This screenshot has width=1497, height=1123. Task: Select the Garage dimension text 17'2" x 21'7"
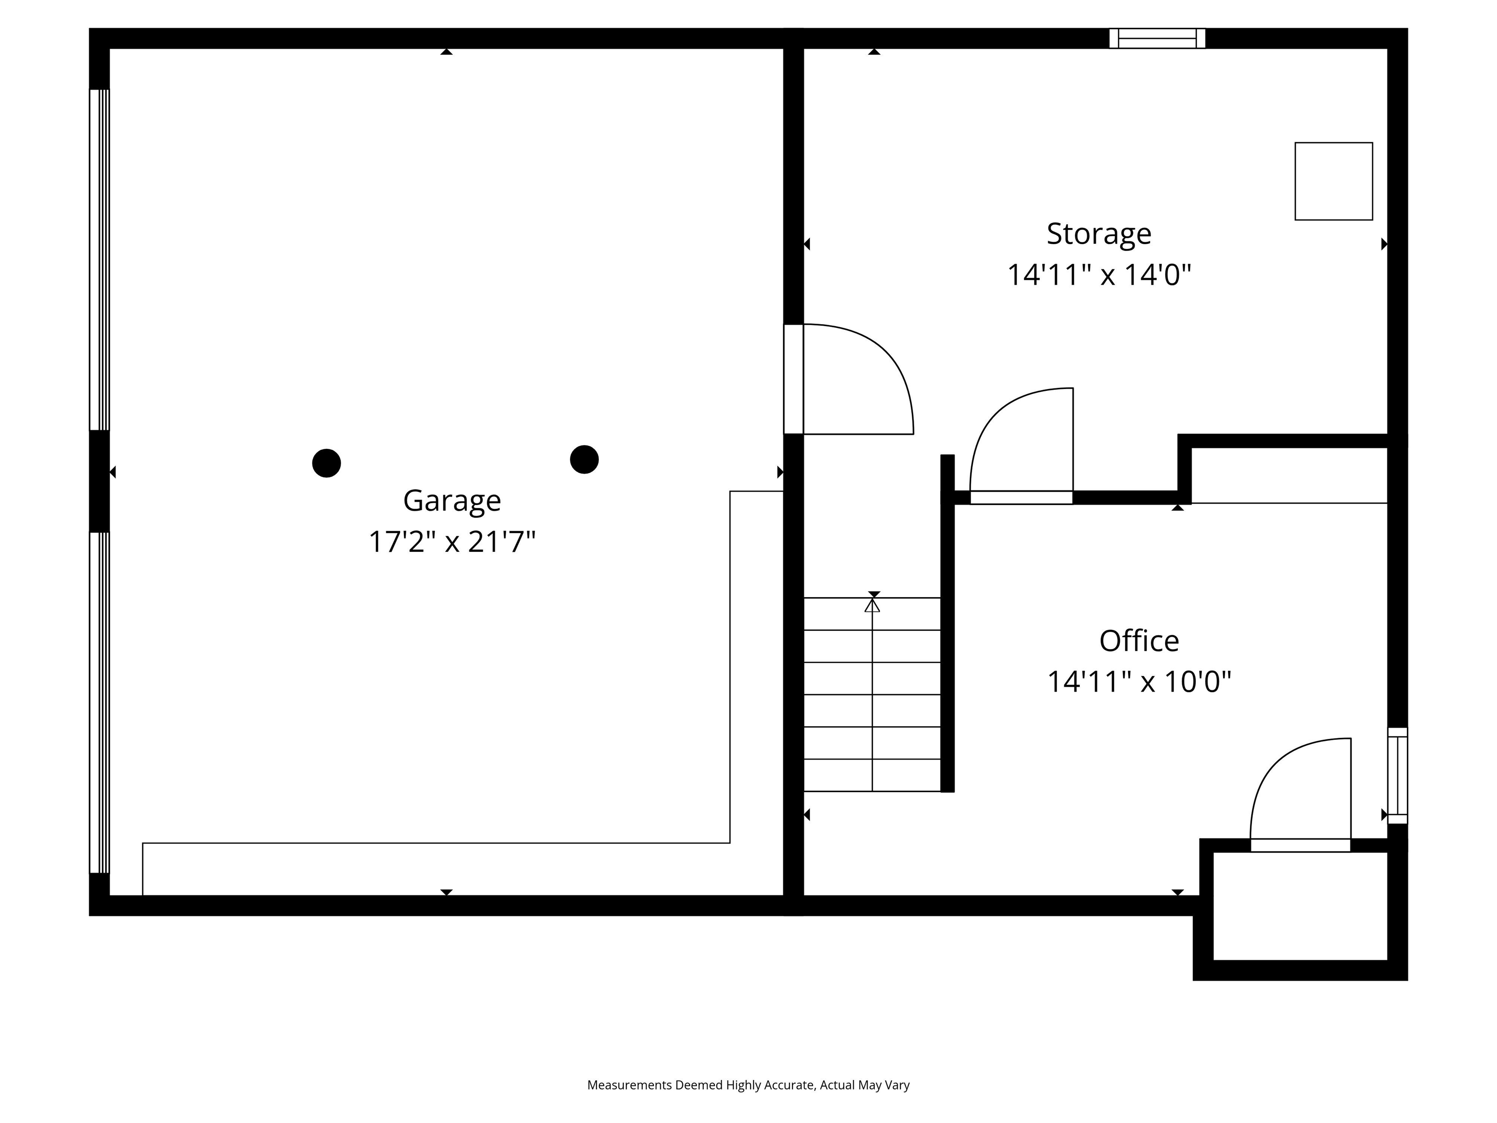pos(452,542)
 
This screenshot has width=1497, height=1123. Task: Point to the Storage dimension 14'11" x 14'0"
pos(1099,275)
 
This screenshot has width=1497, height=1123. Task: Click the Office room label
pos(1139,641)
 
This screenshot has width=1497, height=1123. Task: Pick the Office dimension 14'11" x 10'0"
pos(1139,682)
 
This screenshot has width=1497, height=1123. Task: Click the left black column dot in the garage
pos(326,463)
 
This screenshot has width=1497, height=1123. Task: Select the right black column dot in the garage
pos(584,460)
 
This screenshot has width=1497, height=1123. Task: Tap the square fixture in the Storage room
pos(1333,181)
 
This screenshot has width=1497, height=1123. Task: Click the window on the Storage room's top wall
pos(1157,39)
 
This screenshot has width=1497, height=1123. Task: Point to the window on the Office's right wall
pos(1398,776)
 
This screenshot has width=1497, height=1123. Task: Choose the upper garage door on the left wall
pos(99,260)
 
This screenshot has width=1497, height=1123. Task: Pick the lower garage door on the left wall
pos(99,703)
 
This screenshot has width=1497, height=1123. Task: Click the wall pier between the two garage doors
pos(99,481)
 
